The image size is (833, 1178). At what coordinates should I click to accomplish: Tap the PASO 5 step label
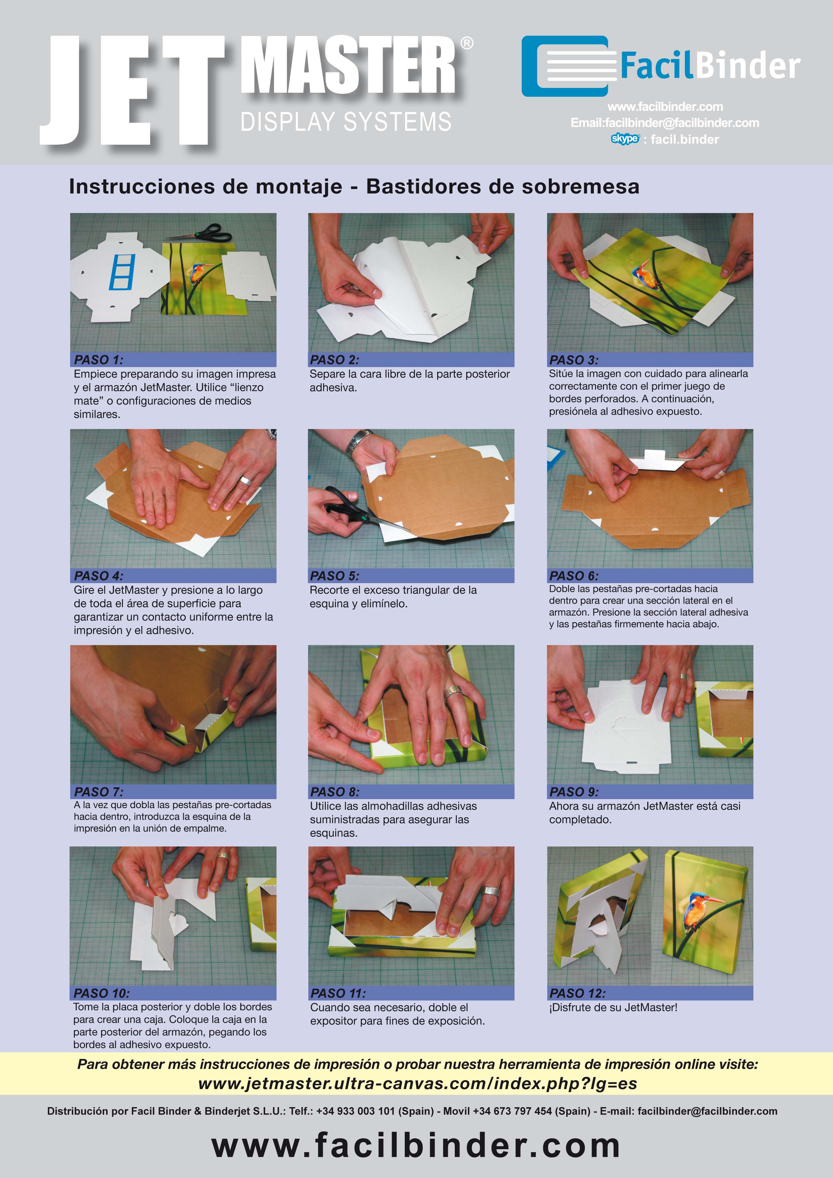(x=335, y=576)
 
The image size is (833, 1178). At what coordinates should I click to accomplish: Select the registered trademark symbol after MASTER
(x=466, y=43)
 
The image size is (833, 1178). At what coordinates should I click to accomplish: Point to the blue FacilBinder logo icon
(x=568, y=66)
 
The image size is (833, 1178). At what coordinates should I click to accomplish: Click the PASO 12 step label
(x=577, y=993)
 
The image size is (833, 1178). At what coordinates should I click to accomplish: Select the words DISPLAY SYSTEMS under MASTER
(x=346, y=122)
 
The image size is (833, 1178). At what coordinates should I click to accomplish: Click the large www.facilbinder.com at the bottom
(x=416, y=1145)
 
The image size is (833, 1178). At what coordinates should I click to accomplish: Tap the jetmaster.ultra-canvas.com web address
(x=418, y=1084)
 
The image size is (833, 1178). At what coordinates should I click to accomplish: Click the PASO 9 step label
(x=573, y=792)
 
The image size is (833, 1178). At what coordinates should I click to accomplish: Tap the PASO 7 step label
(x=98, y=792)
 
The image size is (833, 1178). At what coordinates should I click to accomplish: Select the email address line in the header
(x=665, y=123)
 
